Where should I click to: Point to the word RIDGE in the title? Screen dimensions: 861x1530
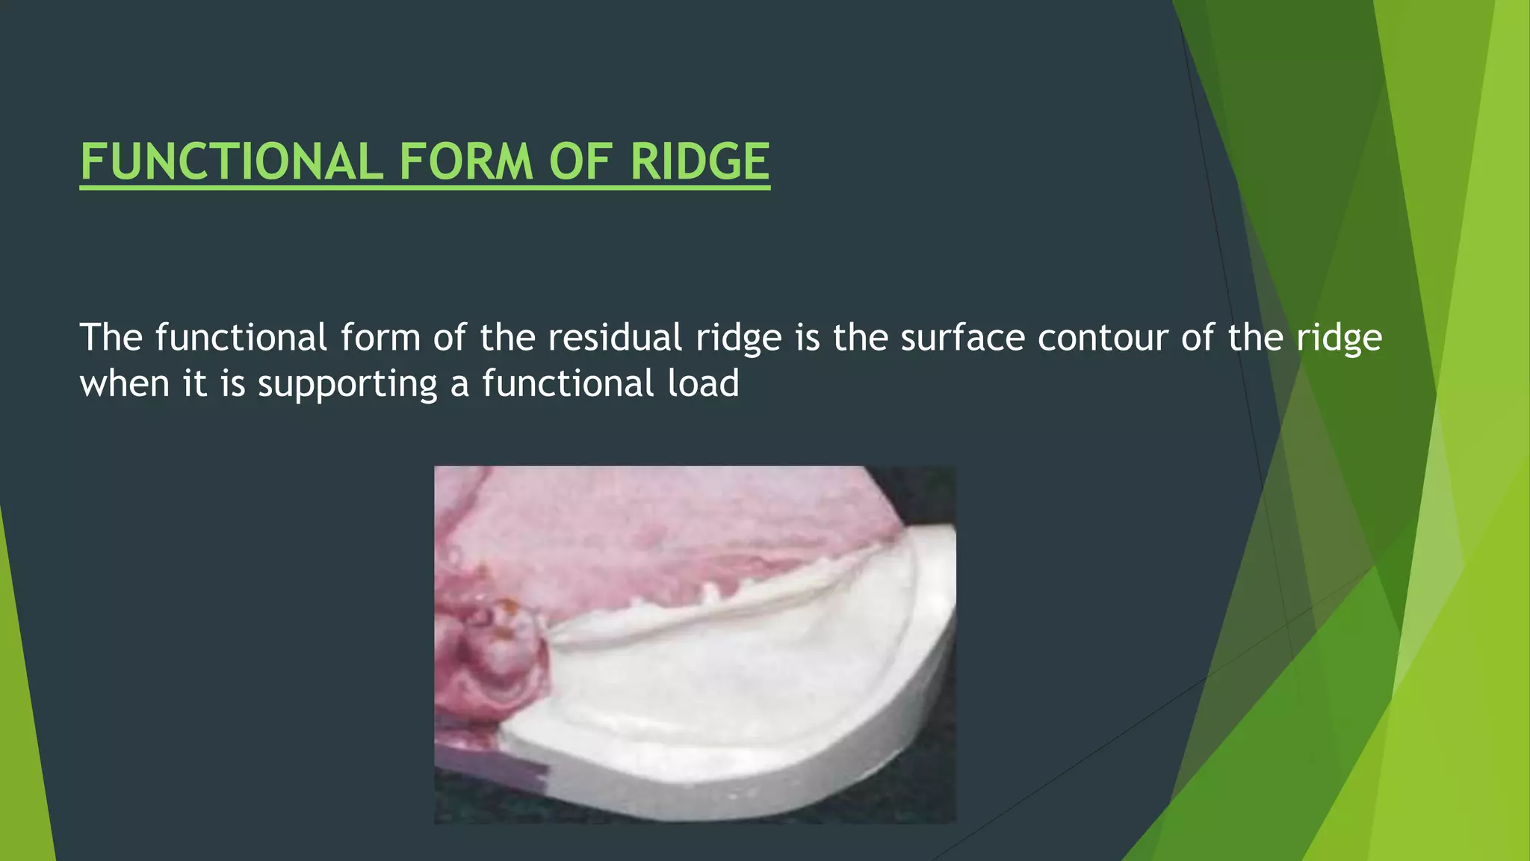(x=700, y=162)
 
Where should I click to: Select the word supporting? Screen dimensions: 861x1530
(x=347, y=385)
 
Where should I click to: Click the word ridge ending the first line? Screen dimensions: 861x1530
(x=1339, y=339)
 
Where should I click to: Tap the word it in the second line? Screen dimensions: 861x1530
(x=194, y=383)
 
